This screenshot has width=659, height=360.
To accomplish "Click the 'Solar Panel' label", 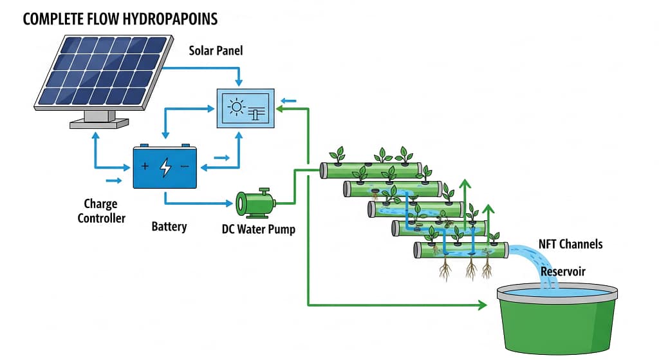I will tap(216, 50).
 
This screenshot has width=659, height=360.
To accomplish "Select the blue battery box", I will tap(165, 167).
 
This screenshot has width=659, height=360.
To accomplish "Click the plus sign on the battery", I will tap(145, 167).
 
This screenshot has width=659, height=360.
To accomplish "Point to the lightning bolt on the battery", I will tap(165, 167).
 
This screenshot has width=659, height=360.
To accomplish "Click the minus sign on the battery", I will tap(185, 167).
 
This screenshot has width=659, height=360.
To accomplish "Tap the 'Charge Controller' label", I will tap(102, 211).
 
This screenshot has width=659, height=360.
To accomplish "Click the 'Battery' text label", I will tap(169, 227).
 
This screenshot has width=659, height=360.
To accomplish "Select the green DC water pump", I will tap(255, 203).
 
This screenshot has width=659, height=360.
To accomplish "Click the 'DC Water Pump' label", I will tap(258, 229).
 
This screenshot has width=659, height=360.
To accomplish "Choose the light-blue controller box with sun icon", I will tap(245, 108).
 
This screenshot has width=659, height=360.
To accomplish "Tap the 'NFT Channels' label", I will tap(570, 244).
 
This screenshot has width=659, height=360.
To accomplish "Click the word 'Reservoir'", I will tap(562, 271).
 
